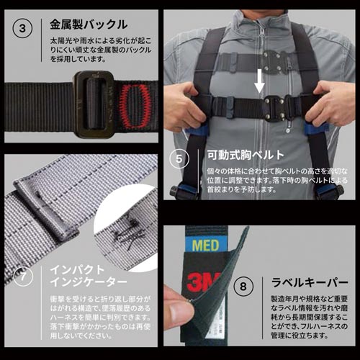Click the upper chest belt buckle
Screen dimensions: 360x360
tap(276, 61)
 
